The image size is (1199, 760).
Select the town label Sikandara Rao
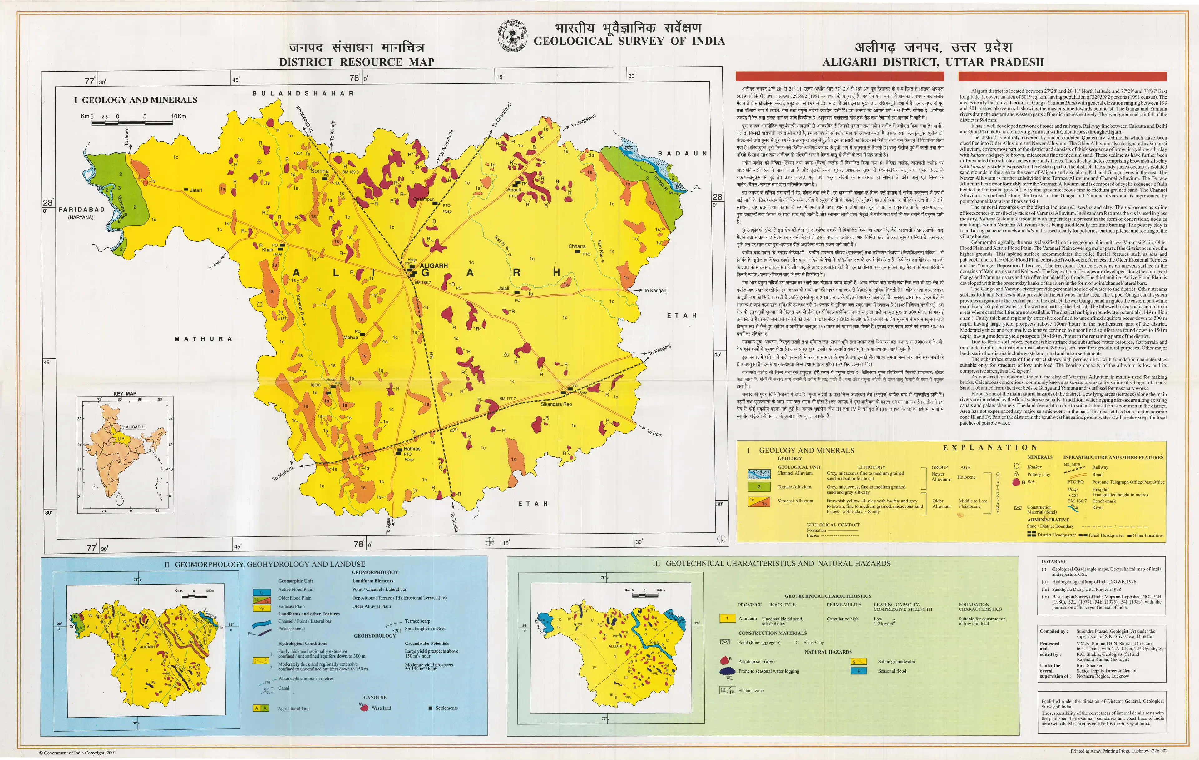click(556, 404)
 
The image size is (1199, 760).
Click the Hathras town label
click(412, 448)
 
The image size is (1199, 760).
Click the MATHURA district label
click(203, 339)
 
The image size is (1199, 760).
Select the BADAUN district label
click(682, 153)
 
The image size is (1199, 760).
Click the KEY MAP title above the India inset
click(125, 393)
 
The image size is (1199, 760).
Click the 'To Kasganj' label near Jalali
click(655, 290)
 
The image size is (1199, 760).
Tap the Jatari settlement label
click(196, 190)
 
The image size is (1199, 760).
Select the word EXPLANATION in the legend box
click(990, 447)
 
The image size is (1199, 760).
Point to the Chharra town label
click(577, 246)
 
